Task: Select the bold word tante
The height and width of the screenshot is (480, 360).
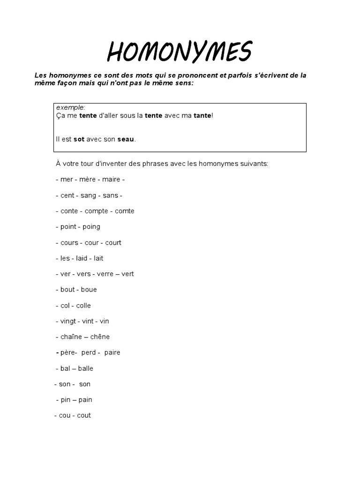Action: (202, 115)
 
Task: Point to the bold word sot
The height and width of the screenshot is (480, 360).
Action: (79, 139)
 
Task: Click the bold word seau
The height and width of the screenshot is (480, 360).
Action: (126, 139)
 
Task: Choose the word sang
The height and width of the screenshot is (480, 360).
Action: (90, 195)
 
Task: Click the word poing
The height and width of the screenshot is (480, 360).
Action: (91, 227)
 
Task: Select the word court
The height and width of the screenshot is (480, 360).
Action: (113, 243)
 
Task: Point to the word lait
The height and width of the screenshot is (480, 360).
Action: (98, 258)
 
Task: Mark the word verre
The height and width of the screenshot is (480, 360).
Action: (105, 274)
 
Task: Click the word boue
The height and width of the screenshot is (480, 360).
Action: (89, 290)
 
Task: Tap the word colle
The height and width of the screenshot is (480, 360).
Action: (82, 306)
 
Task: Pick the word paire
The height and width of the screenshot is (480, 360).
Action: (112, 352)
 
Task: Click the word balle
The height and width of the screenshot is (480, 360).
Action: (86, 368)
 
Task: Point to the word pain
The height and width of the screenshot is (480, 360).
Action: (86, 400)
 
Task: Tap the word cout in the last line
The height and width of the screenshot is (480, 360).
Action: (84, 415)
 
